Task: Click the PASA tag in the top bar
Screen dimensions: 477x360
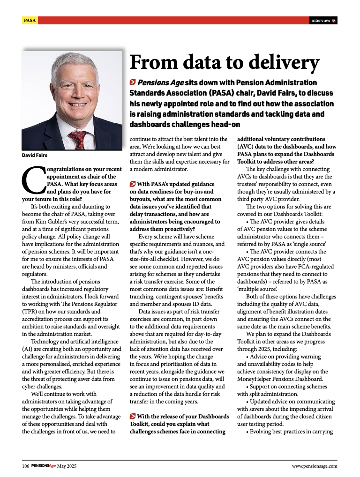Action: pos(30,20)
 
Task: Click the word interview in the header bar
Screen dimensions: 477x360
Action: pos(321,20)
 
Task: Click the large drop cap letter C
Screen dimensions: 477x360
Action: pos(31,179)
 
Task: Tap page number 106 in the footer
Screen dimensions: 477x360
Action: pos(26,466)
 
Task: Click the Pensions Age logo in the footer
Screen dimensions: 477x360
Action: pos(44,466)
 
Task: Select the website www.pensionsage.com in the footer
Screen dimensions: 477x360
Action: pos(314,466)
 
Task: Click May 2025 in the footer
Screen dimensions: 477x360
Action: pos(67,466)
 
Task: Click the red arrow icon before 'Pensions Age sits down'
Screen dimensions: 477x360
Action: pos(133,83)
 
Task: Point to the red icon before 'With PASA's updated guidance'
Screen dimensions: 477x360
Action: pos(133,184)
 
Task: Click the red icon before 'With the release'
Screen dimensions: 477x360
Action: pos(133,417)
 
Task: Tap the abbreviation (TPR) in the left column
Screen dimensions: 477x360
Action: pos(30,311)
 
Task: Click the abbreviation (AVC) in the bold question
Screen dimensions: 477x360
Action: pos(247,147)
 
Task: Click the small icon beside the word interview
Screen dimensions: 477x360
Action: pos(334,20)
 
